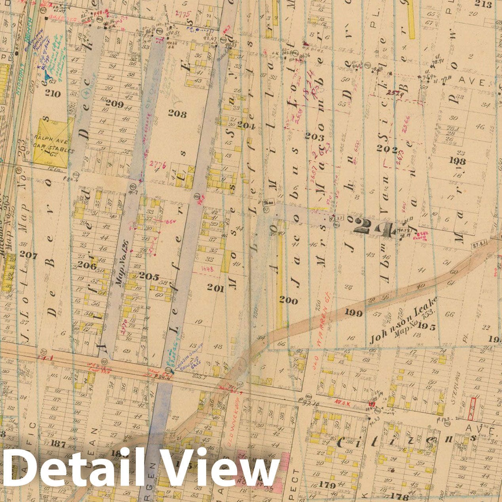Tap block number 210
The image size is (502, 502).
[x=53, y=94]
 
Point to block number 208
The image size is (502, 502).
[x=177, y=114]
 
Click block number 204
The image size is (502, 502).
[x=246, y=126]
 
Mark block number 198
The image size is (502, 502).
[x=455, y=161]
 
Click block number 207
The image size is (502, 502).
[x=28, y=255]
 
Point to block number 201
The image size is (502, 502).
[x=216, y=288]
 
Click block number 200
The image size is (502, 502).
[x=288, y=301]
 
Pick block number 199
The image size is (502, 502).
[x=353, y=313]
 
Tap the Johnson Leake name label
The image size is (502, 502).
[x=403, y=321]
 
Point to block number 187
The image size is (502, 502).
[x=58, y=444]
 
